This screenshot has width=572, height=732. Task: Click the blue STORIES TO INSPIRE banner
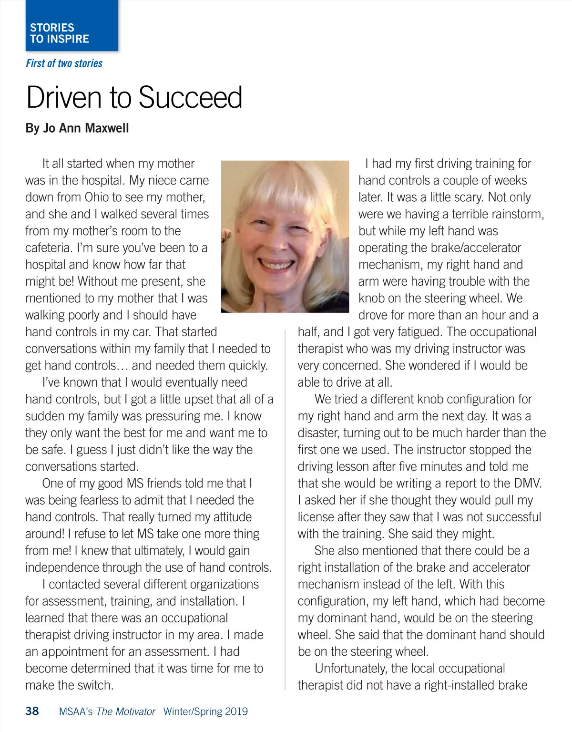coord(71,26)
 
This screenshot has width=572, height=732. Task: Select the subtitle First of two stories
coord(64,63)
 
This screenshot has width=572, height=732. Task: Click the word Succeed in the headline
coord(190,98)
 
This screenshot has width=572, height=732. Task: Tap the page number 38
coord(32,711)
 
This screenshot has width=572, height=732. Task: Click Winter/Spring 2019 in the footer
coord(205,711)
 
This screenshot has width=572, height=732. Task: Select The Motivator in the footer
coord(126,711)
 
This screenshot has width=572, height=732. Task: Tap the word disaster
coord(318,433)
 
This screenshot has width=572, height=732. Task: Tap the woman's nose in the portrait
coord(275,241)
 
